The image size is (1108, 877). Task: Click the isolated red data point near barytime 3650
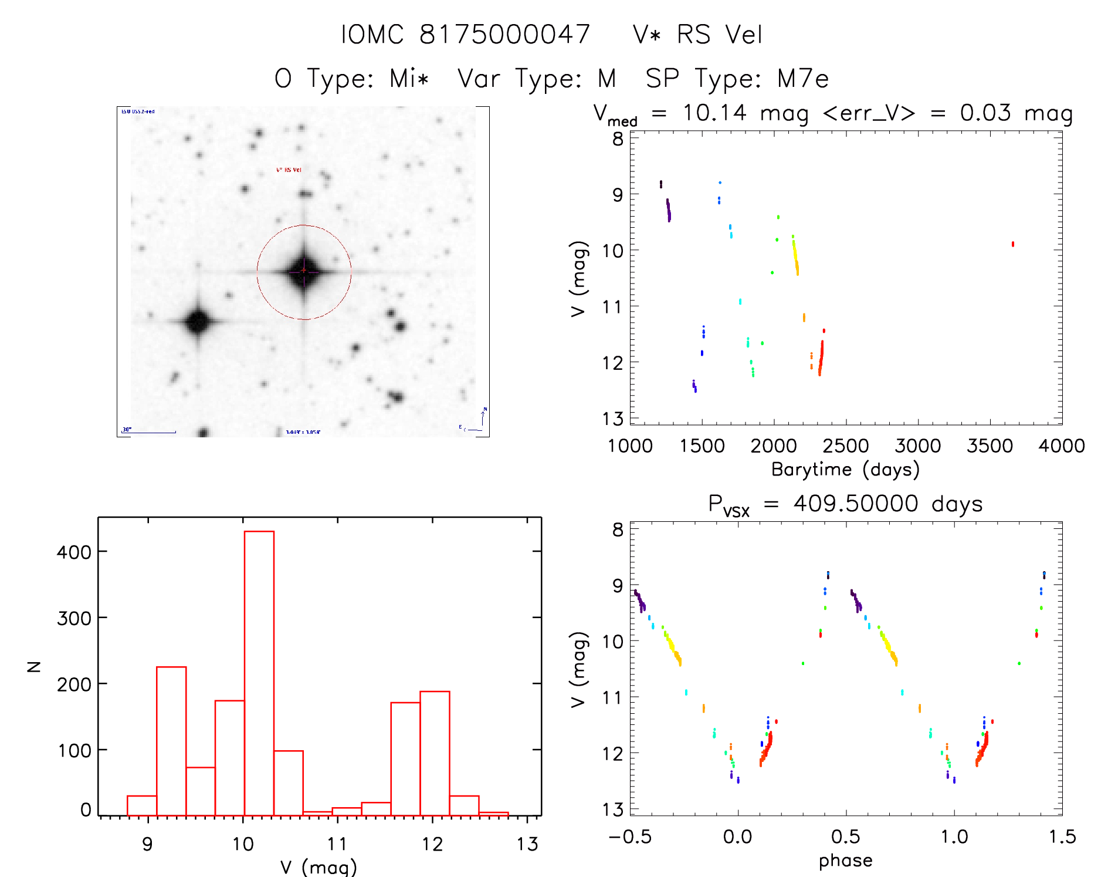[x=1012, y=244]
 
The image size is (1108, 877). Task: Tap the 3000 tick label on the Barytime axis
[x=917, y=446]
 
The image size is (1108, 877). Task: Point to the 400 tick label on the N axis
[x=74, y=552]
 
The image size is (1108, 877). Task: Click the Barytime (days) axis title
[x=845, y=470]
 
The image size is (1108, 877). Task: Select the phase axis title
[x=845, y=861]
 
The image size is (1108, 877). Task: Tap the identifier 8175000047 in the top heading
[x=504, y=35]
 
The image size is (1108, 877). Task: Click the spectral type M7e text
[x=803, y=79]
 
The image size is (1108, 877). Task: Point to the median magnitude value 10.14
[x=714, y=113]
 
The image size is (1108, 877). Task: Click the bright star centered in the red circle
[x=304, y=271]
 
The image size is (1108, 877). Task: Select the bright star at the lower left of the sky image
[x=198, y=321]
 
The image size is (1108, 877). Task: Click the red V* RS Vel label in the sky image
[x=289, y=170]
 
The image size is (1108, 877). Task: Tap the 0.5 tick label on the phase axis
[x=845, y=836]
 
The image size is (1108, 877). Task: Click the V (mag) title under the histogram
[x=318, y=866]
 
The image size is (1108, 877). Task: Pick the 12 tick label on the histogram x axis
[x=432, y=844]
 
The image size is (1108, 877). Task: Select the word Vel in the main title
[x=744, y=35]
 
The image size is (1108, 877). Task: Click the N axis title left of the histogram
[x=35, y=666]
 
